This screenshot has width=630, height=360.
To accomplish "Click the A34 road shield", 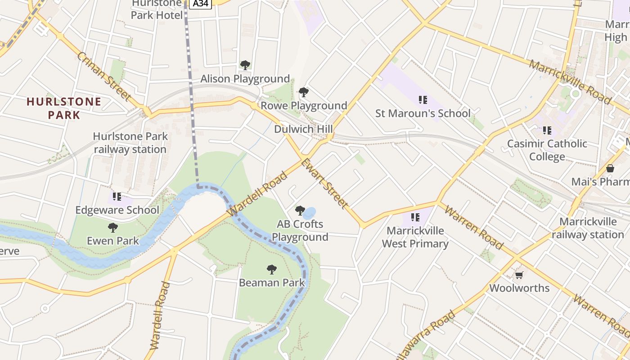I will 200,4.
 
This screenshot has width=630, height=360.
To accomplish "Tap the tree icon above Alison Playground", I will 245,65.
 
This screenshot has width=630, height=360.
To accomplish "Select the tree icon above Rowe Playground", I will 304,92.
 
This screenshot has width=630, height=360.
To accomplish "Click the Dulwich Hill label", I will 303,129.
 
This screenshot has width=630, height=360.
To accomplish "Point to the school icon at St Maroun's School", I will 423,99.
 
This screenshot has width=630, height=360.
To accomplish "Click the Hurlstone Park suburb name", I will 64,108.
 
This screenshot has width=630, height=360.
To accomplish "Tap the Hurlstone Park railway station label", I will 130,143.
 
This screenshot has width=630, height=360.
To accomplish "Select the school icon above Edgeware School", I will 117,197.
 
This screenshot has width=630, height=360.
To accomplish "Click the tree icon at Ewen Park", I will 112,228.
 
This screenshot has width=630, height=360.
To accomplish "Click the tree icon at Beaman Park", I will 271,270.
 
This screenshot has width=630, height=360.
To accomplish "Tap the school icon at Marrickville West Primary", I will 415,217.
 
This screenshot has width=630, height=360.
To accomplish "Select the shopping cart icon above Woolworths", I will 519,275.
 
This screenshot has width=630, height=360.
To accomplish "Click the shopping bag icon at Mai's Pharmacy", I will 610,168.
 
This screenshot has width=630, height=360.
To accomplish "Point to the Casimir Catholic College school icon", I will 547,130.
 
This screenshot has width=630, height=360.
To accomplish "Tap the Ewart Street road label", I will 324,184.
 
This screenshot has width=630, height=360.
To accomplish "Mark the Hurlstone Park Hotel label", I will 157,10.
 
